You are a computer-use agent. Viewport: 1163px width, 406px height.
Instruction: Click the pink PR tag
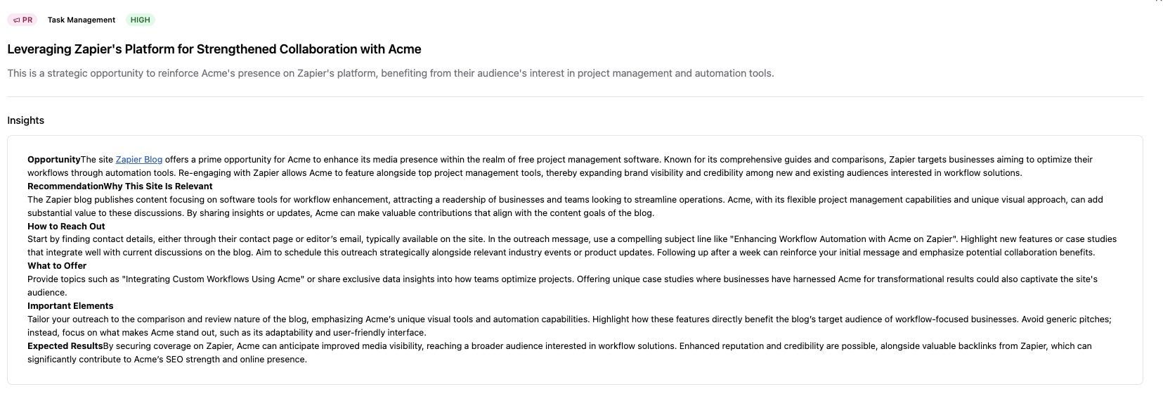pos(22,20)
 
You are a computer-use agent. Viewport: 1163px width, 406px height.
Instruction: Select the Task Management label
pos(82,20)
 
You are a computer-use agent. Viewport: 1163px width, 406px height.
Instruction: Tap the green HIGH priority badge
pos(141,20)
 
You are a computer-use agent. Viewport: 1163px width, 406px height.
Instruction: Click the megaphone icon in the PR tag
pos(17,20)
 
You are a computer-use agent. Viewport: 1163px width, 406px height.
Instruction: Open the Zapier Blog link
pos(139,160)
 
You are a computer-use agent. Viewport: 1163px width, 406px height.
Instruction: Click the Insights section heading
pos(26,120)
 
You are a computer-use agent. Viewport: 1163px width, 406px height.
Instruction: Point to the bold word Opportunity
pos(54,160)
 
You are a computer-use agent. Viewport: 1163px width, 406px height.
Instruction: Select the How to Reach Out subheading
pos(66,227)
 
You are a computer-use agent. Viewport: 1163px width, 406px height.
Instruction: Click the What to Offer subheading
pos(57,266)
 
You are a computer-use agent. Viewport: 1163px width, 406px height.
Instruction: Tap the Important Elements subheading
pos(70,306)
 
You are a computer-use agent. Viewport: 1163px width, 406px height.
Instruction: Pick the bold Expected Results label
pos(65,346)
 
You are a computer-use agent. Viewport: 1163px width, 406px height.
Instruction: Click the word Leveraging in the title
pos(39,49)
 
